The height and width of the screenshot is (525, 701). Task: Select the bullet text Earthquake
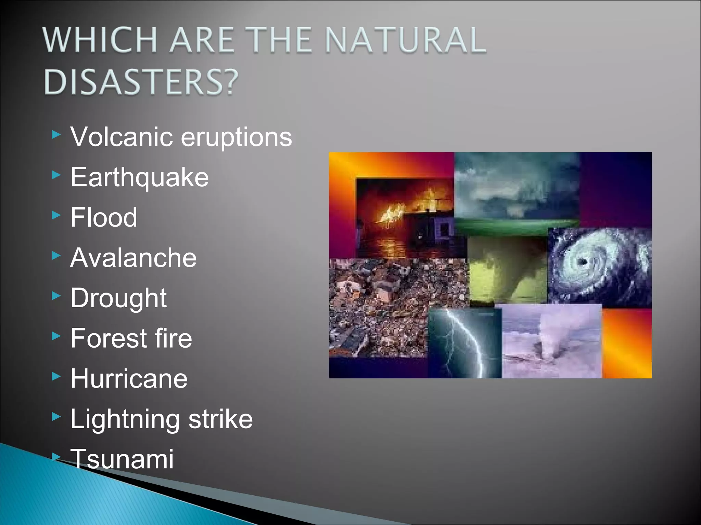tap(139, 177)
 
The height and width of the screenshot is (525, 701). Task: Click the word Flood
tap(104, 217)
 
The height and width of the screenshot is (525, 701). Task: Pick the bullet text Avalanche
tap(133, 258)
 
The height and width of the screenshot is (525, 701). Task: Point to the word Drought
tap(118, 298)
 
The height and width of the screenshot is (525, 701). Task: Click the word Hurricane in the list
tap(129, 379)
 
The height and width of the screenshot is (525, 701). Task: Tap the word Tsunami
tap(122, 459)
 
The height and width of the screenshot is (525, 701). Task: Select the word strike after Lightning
tap(220, 419)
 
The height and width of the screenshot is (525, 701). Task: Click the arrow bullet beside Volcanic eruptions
tap(56, 135)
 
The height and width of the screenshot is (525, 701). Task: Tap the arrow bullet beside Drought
tap(56, 296)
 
